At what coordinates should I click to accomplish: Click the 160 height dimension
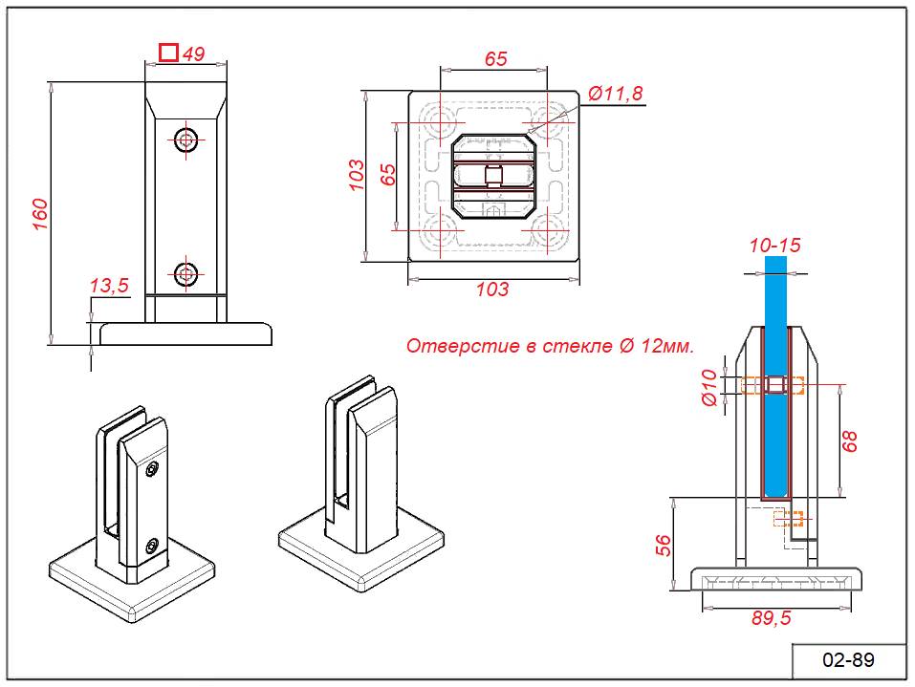click(39, 214)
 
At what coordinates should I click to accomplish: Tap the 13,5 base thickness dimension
click(108, 285)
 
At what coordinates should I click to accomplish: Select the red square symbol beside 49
click(168, 53)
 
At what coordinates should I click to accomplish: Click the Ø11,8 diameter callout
click(616, 93)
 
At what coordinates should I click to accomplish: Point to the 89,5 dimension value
click(771, 618)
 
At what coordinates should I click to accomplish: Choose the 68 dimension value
click(850, 440)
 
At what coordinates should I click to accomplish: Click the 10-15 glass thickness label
click(774, 246)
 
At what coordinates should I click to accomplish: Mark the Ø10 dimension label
click(709, 386)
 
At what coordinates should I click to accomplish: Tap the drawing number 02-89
click(848, 660)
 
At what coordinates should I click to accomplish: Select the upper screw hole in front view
click(186, 139)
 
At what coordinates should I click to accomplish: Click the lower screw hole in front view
click(186, 274)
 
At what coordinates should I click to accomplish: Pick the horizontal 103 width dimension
click(492, 290)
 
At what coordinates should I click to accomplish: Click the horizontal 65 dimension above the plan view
click(495, 59)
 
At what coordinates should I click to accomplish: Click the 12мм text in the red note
click(661, 346)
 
